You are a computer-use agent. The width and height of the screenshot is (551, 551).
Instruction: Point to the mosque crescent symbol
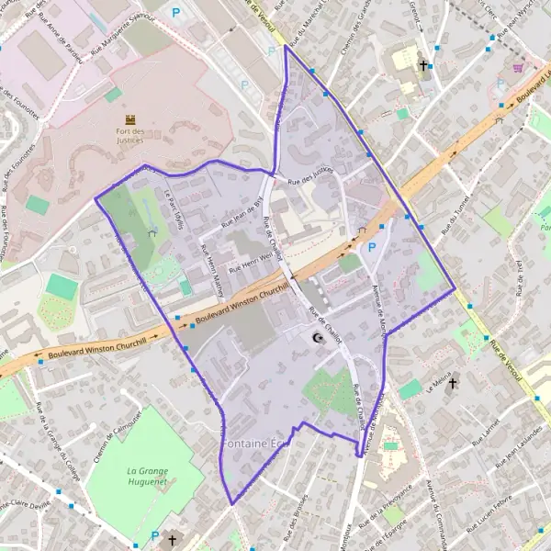click(x=319, y=338)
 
